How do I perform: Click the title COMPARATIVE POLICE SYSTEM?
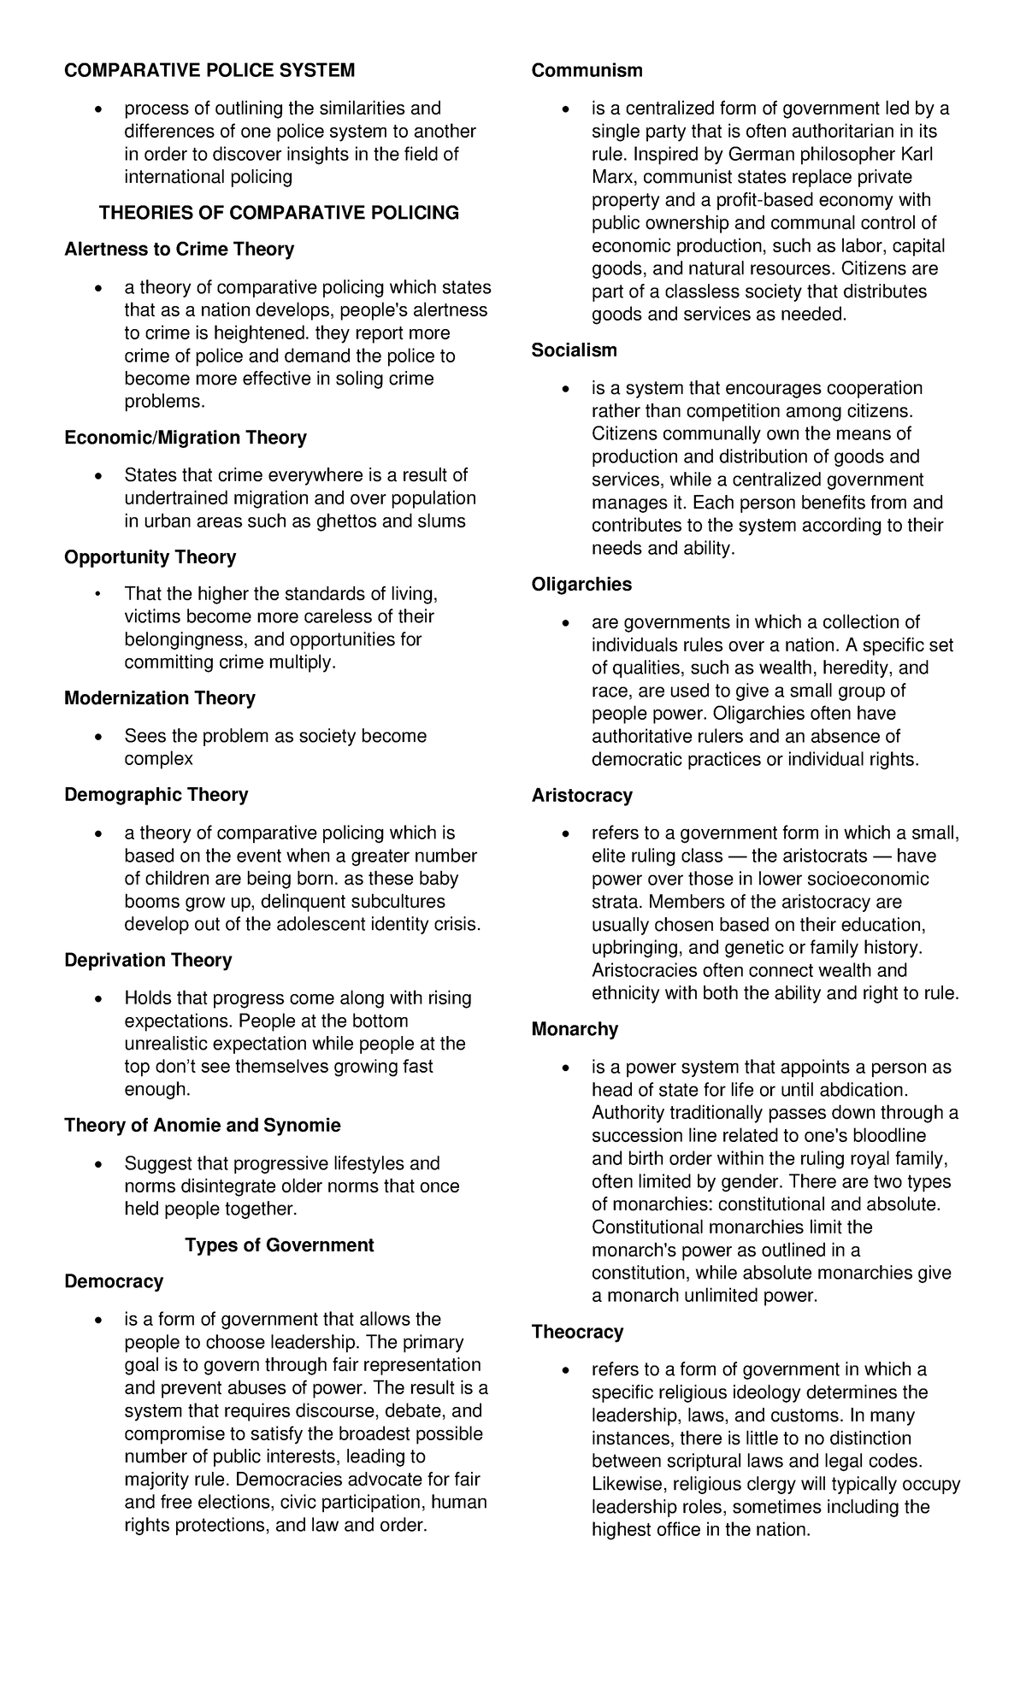209,70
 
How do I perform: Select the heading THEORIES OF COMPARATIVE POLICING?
279,213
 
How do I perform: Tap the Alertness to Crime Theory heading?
179,250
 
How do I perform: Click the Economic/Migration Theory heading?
185,438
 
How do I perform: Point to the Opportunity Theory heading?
150,557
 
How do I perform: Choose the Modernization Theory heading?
159,698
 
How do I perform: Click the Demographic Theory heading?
156,795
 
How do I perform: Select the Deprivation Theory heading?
148,961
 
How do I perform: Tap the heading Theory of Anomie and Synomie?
202,1126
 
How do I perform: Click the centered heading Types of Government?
279,1245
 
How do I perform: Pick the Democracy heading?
113,1282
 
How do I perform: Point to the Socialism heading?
574,350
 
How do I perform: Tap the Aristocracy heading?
581,796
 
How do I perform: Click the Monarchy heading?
575,1030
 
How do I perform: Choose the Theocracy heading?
577,1333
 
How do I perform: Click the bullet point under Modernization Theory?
100,738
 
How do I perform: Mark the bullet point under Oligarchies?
567,624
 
